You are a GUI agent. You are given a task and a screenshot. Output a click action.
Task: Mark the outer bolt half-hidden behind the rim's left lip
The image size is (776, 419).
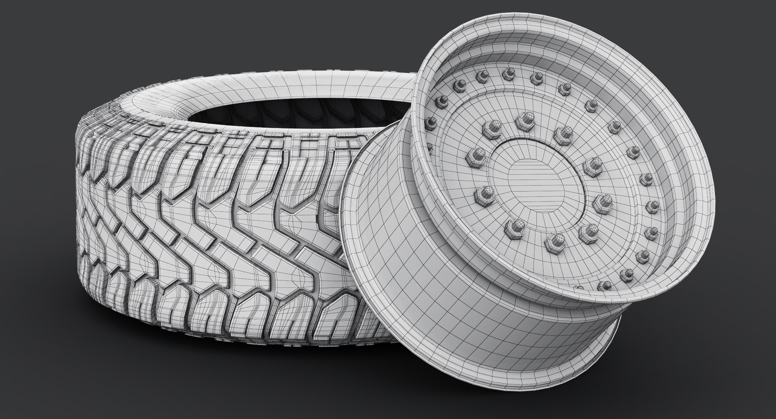[430, 147]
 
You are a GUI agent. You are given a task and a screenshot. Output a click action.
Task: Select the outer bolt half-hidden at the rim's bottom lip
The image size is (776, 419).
[580, 287]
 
